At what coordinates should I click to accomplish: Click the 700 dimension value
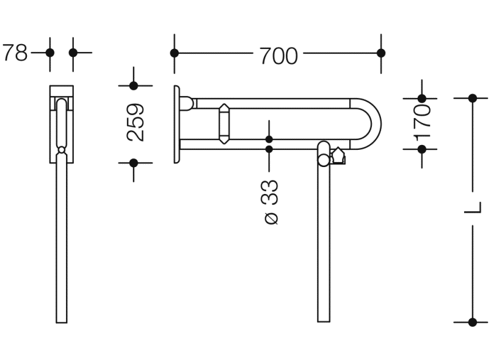(x=278, y=56)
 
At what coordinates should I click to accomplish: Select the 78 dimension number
(x=15, y=53)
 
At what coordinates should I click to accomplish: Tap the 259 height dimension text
(x=136, y=122)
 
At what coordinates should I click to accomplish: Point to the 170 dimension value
(x=422, y=122)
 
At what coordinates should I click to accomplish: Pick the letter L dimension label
(x=473, y=208)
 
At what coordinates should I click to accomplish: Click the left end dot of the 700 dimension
(x=175, y=53)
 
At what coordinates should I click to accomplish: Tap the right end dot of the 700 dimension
(x=381, y=53)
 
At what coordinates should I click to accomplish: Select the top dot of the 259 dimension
(x=134, y=86)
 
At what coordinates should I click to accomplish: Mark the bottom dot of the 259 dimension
(x=134, y=163)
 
